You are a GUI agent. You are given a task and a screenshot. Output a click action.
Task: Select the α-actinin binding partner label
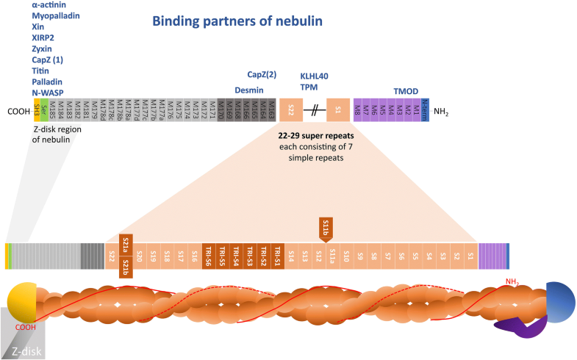(56, 4)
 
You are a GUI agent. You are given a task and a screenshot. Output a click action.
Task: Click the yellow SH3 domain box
(36, 112)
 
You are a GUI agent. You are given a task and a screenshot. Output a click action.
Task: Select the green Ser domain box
(44, 112)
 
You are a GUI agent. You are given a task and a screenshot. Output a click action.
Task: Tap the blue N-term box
(425, 112)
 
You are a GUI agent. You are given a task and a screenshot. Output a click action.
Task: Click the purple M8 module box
(358, 112)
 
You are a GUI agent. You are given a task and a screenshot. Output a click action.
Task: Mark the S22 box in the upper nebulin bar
(291, 112)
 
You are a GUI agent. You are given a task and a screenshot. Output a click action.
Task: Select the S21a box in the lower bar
(126, 243)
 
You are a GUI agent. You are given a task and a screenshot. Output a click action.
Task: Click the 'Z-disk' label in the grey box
(26, 349)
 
